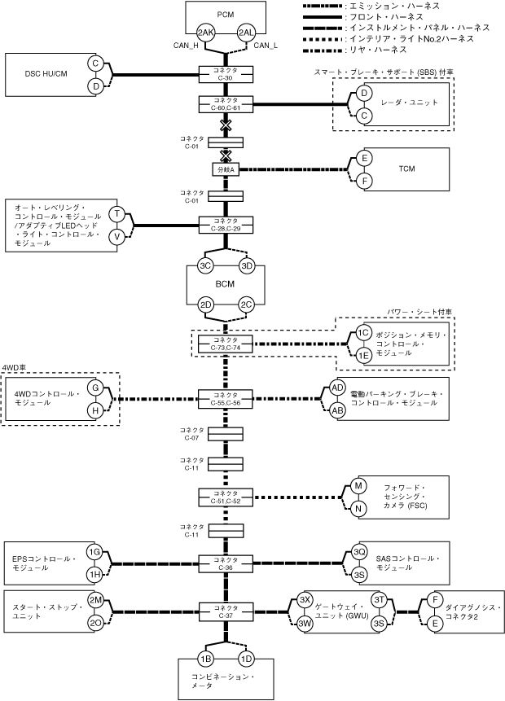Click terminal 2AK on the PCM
(x=206, y=33)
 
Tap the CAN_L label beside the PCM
(x=266, y=45)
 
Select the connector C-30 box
(x=226, y=74)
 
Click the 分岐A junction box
(x=226, y=169)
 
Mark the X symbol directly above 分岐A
(x=226, y=156)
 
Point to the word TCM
(x=406, y=169)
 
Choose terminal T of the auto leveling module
(x=117, y=214)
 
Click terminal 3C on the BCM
(x=205, y=266)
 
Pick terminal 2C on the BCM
(x=247, y=305)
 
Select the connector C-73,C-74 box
(x=226, y=344)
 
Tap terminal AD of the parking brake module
(x=338, y=388)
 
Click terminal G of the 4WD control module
(x=95, y=388)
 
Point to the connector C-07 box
(x=226, y=434)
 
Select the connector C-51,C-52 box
(x=226, y=497)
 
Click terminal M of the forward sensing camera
(x=358, y=486)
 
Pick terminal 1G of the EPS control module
(x=94, y=552)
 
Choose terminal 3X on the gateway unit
(x=305, y=600)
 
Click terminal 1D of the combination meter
(x=247, y=659)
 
